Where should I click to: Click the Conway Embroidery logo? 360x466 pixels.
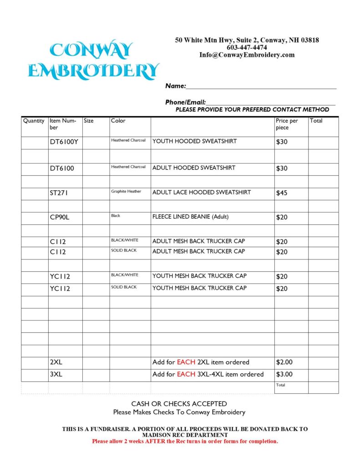[93, 61]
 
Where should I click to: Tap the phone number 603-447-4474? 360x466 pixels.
[247, 47]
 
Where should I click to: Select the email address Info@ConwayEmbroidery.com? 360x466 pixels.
[247, 55]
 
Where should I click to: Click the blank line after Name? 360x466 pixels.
[261, 86]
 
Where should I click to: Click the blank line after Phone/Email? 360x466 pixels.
[270, 103]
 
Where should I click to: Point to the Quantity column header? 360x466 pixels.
[34, 121]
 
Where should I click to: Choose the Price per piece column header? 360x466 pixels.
[287, 124]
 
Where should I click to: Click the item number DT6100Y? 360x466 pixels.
[64, 142]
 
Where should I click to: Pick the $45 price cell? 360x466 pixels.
[282, 193]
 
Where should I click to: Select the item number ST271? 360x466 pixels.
[59, 193]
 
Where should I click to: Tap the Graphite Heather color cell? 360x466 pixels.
[126, 192]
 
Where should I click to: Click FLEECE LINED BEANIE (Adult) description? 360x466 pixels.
[190, 217]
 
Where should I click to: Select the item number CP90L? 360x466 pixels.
[60, 218]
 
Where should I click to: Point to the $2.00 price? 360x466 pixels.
[284, 363]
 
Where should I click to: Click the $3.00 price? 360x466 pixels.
[284, 375]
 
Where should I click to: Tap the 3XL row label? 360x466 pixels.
[56, 375]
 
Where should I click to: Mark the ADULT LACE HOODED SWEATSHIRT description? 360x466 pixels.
[201, 192]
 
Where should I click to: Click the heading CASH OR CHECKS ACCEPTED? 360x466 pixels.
[179, 404]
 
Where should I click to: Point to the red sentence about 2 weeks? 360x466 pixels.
[185, 441]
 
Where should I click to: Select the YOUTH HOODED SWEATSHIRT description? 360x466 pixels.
[194, 142]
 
